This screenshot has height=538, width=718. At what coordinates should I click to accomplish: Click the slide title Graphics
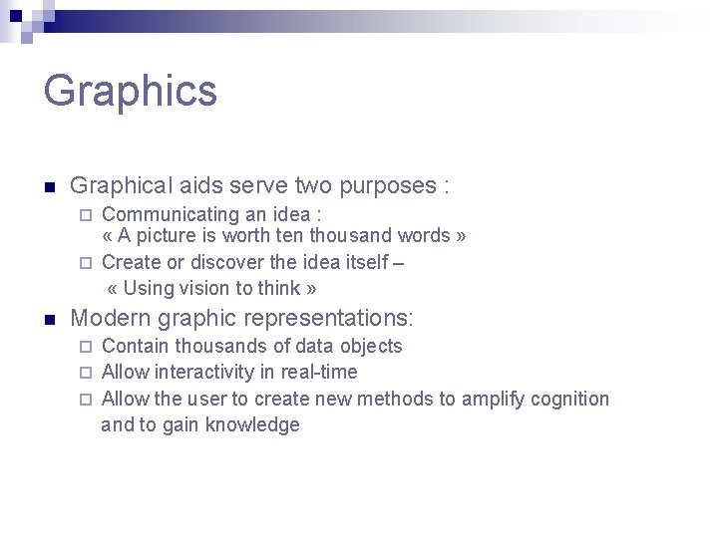click(x=130, y=90)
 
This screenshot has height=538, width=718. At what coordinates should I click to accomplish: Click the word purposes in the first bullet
click(x=388, y=185)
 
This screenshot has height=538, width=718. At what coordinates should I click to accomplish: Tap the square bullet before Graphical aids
click(x=49, y=186)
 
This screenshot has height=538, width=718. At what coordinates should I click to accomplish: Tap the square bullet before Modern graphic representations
click(x=49, y=320)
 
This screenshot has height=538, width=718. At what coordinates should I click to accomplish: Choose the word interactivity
click(x=202, y=373)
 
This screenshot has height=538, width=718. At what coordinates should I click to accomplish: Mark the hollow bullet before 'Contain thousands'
click(x=86, y=347)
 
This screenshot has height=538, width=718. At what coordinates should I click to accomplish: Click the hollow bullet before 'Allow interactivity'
click(x=86, y=373)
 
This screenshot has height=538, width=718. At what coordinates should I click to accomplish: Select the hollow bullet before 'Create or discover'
click(x=86, y=263)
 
